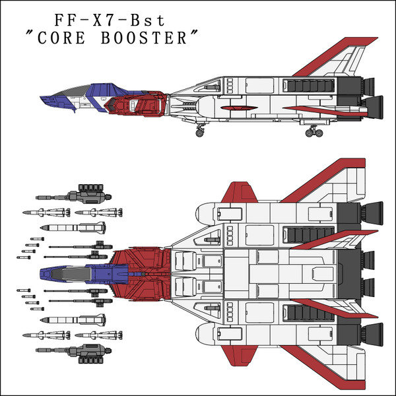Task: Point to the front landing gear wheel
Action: (x=200, y=132)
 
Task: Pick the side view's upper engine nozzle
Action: (x=368, y=84)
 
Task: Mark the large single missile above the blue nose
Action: (x=73, y=228)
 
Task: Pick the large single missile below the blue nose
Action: (x=73, y=319)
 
